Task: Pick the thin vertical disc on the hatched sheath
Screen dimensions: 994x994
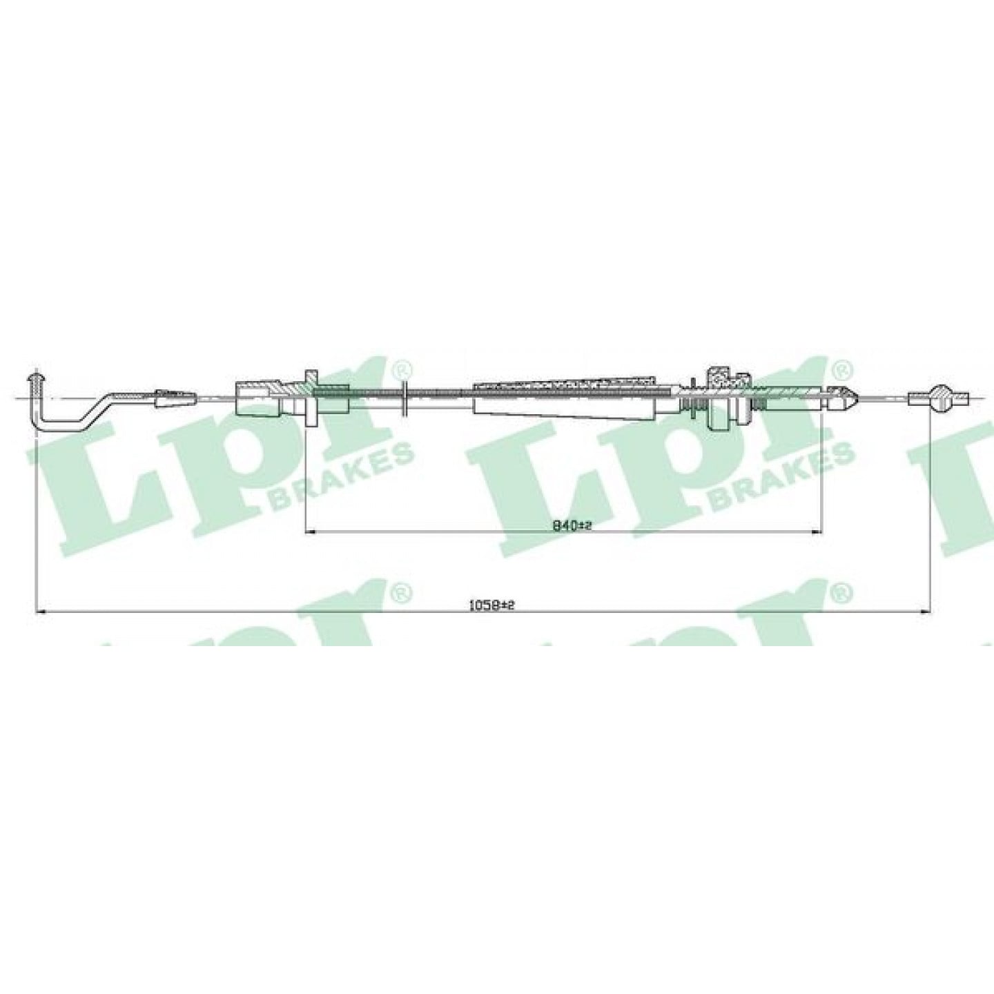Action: [x=405, y=398]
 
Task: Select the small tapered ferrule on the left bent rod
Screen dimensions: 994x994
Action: [x=176, y=398]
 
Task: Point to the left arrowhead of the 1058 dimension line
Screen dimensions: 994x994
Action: [x=41, y=612]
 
